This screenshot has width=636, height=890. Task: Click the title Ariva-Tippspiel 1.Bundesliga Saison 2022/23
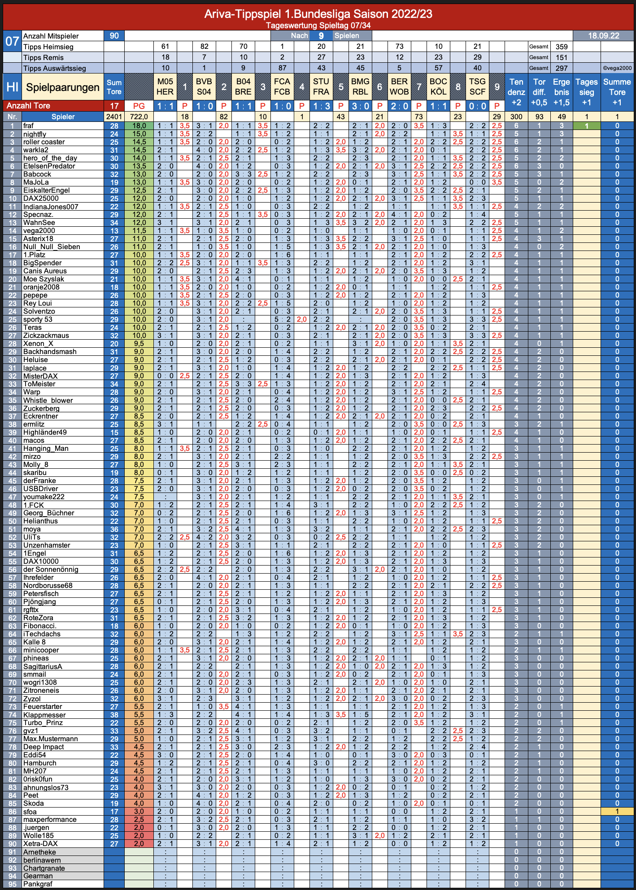coord(318,14)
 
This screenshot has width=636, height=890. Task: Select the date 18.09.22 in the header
coord(604,36)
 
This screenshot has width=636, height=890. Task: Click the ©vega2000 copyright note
coord(617,68)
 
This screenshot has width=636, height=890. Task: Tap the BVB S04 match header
coord(204,86)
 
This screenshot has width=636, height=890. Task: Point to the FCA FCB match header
coord(282,86)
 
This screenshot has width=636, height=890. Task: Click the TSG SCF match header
coord(477,86)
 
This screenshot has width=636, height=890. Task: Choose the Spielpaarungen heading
coord(63,87)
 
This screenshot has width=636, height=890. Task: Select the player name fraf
coord(28,126)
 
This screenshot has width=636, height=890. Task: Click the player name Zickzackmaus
coord(46,336)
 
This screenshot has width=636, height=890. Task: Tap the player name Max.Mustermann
coord(51,739)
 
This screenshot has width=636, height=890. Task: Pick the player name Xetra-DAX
coord(41,844)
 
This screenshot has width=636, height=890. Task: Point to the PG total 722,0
coord(139,117)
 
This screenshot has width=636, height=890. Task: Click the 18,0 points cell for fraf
coord(139,126)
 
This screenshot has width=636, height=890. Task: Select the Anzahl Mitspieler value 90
coord(114,36)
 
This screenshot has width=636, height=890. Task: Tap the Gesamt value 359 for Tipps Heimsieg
coord(562,47)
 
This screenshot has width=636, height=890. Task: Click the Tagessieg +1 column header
coord(587,92)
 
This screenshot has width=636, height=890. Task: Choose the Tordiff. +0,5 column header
coord(539,92)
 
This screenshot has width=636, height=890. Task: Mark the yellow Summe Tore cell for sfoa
coord(617,812)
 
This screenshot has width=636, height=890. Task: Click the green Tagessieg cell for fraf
coord(587,126)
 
